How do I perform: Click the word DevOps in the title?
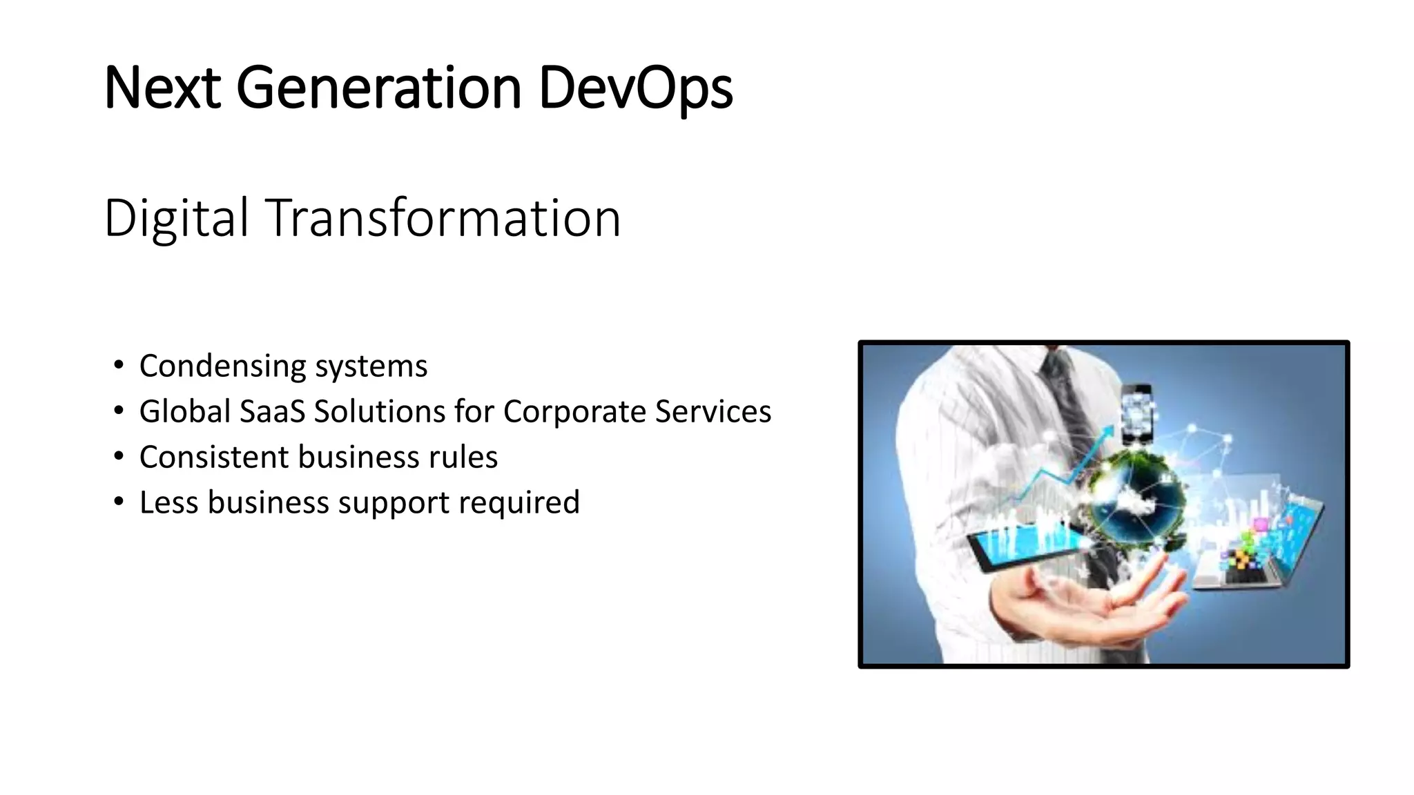click(635, 88)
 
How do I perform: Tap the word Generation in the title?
click(378, 88)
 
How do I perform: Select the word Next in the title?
click(162, 88)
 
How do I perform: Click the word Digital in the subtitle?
click(176, 218)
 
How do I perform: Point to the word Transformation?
click(443, 218)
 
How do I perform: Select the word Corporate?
click(574, 411)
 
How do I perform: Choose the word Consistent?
click(213, 457)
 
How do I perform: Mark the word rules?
click(463, 457)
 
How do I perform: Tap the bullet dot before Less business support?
click(119, 501)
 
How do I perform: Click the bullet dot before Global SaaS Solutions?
click(119, 410)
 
